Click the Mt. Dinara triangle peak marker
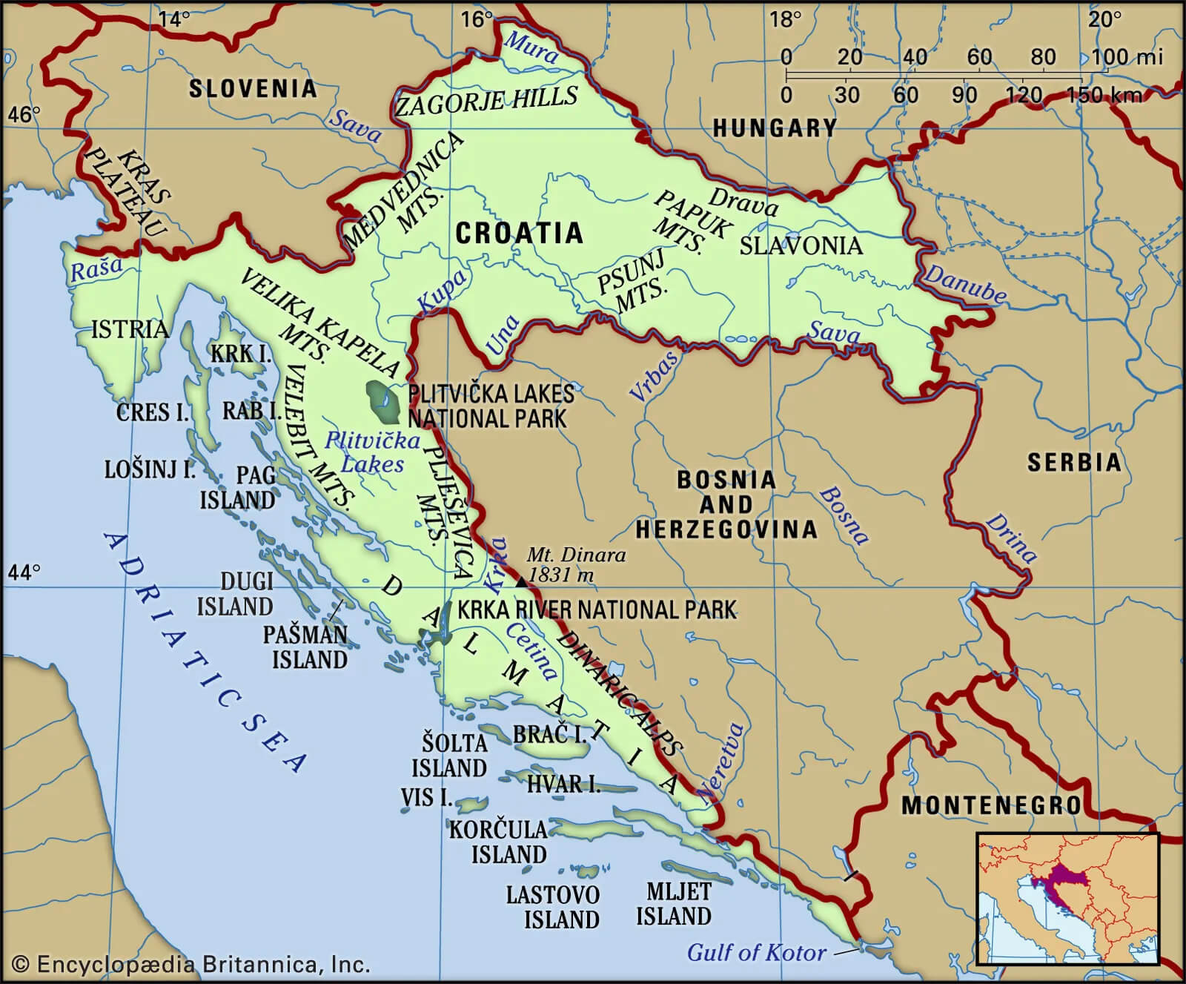(522, 583)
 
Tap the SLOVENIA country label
(252, 89)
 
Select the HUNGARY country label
(775, 128)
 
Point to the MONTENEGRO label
(991, 805)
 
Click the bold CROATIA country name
(519, 233)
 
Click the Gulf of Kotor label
(756, 952)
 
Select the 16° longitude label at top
(477, 19)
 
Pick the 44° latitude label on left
(24, 572)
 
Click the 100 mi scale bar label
(1127, 56)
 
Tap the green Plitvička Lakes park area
(384, 401)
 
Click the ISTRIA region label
(129, 328)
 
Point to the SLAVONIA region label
(801, 245)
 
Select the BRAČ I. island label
(549, 734)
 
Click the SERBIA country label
(1073, 463)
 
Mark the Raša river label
(96, 268)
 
